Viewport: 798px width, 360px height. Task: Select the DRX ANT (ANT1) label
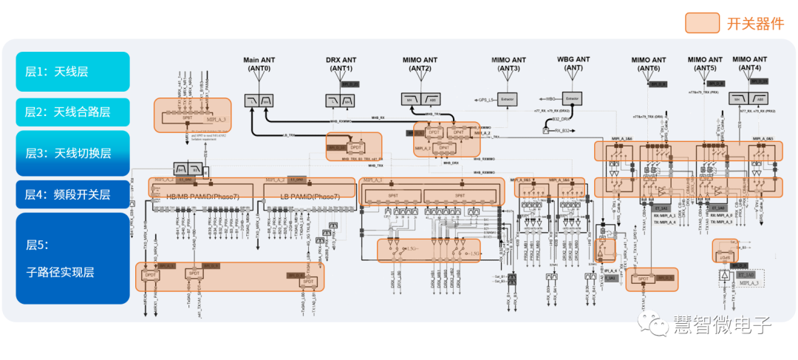pos(341,64)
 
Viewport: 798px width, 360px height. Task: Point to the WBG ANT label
pos(573,64)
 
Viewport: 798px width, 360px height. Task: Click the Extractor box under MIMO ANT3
pos(507,98)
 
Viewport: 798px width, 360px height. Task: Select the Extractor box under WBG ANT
pos(573,98)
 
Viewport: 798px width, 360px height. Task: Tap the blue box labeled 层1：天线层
pos(72,72)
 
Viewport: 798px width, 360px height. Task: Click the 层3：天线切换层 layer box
pos(72,153)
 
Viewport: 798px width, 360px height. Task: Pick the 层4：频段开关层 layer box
pos(72,194)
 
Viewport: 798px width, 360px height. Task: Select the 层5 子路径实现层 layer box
pos(72,258)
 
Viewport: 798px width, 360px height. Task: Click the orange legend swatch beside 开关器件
pos(702,23)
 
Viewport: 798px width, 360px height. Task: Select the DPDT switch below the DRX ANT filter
pos(357,148)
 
